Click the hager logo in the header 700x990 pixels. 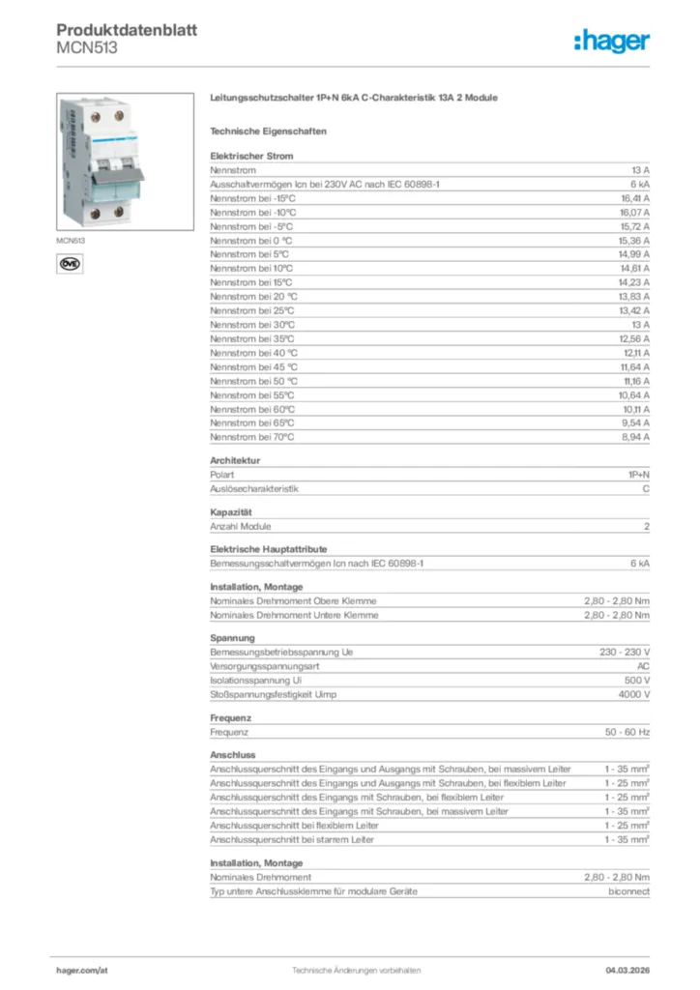[x=612, y=41]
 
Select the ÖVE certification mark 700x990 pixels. [x=70, y=262]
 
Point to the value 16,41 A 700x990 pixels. [x=634, y=197]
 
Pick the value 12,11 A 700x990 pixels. [x=634, y=352]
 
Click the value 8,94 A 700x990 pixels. [x=634, y=437]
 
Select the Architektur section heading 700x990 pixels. [x=235, y=461]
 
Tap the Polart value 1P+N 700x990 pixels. [x=638, y=475]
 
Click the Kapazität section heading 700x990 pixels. [x=231, y=511]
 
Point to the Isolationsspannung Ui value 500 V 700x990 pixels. [x=636, y=681]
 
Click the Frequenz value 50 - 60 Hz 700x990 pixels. [x=627, y=732]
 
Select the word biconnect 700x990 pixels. [x=628, y=891]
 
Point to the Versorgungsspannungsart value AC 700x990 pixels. [x=643, y=667]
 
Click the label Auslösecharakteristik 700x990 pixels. [x=254, y=489]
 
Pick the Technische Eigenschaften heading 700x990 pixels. [x=268, y=131]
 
